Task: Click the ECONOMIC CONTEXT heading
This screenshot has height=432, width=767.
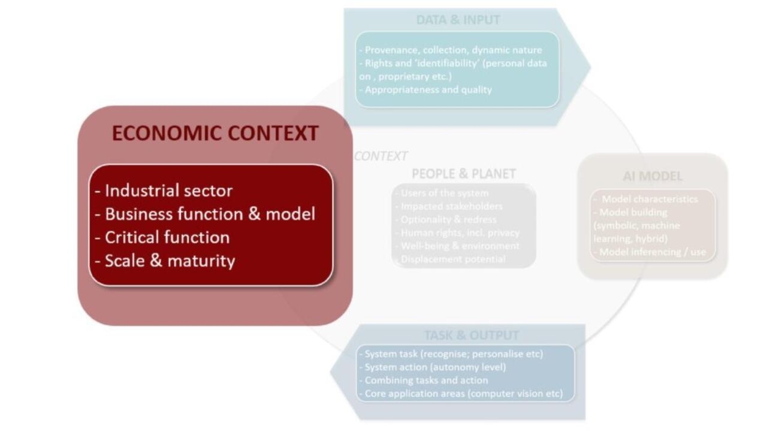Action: [215, 133]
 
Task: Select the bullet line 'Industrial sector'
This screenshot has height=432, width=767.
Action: [164, 191]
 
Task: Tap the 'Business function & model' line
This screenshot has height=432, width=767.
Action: [205, 214]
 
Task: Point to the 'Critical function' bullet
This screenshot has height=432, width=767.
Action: [162, 237]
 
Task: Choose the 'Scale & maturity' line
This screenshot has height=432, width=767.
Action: [165, 261]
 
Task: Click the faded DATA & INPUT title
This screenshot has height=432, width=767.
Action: [458, 20]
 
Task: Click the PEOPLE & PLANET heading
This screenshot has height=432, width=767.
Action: [463, 174]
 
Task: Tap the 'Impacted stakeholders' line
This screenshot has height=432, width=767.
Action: [448, 206]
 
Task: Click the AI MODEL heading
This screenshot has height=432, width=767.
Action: [653, 176]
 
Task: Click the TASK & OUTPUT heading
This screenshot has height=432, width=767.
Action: [471, 335]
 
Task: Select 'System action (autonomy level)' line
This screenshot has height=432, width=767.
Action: [435, 367]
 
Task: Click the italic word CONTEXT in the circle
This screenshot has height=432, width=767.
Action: [381, 156]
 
